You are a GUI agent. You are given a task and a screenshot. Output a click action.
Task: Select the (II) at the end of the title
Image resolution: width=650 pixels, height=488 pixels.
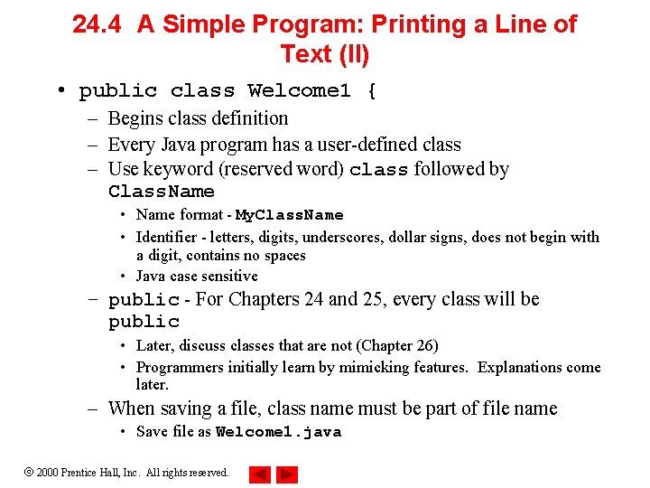point(351,54)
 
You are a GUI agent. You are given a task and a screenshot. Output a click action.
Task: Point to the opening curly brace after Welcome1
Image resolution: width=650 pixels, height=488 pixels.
point(370,91)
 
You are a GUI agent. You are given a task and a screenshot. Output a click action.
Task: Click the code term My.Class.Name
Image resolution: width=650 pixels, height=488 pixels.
point(289,215)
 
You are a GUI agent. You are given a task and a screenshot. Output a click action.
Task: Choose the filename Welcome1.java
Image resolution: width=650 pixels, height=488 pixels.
point(278,432)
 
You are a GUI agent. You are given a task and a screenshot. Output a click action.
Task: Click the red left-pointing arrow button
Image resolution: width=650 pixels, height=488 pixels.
point(259,474)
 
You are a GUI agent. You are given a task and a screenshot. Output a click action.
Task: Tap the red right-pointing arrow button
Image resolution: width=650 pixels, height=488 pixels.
point(287,474)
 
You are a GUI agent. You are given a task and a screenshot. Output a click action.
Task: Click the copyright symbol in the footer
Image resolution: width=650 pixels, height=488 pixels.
point(29,473)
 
